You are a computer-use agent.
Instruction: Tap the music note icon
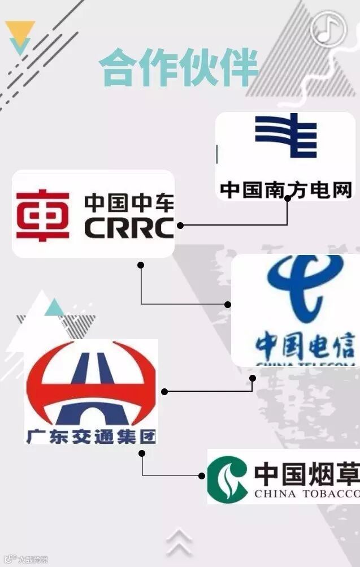pyautogui.click(x=328, y=28)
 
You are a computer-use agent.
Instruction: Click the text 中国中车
pyautogui.click(x=129, y=202)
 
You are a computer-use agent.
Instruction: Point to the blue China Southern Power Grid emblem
pyautogui.click(x=285, y=136)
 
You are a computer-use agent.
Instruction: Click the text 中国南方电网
pyautogui.click(x=286, y=189)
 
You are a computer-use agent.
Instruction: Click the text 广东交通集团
pyautogui.click(x=90, y=436)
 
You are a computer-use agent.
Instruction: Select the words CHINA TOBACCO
pyautogui.click(x=306, y=495)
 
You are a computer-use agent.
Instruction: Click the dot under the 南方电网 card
pyautogui.click(x=288, y=198)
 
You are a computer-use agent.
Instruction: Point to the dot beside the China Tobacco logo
pyautogui.click(x=202, y=475)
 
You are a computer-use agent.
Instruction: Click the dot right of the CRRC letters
pyautogui.click(x=180, y=225)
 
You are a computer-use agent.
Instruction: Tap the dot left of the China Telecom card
pyautogui.click(x=228, y=304)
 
